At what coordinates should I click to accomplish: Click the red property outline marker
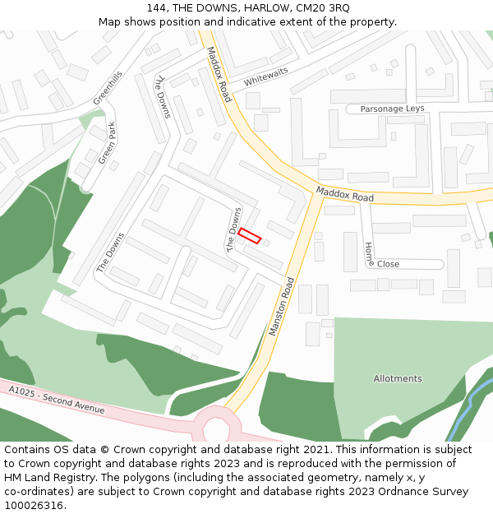pos(250,235)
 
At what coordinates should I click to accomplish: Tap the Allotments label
pos(398,379)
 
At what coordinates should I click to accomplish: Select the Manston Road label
pos(280,306)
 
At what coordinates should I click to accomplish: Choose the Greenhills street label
pos(107,86)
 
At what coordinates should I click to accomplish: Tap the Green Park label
pos(107,144)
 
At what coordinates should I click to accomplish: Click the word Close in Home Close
pos(388,264)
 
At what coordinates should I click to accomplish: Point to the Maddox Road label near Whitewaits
pos(219,74)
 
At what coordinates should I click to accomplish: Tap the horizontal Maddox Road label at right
pos(345,194)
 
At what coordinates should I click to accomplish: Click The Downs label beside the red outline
pos(234,229)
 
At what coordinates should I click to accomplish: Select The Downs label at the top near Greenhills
pos(162,97)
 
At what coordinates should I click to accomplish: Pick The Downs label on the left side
pos(110,252)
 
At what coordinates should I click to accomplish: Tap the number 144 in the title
pos(158,7)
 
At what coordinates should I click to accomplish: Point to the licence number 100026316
pos(34,505)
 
